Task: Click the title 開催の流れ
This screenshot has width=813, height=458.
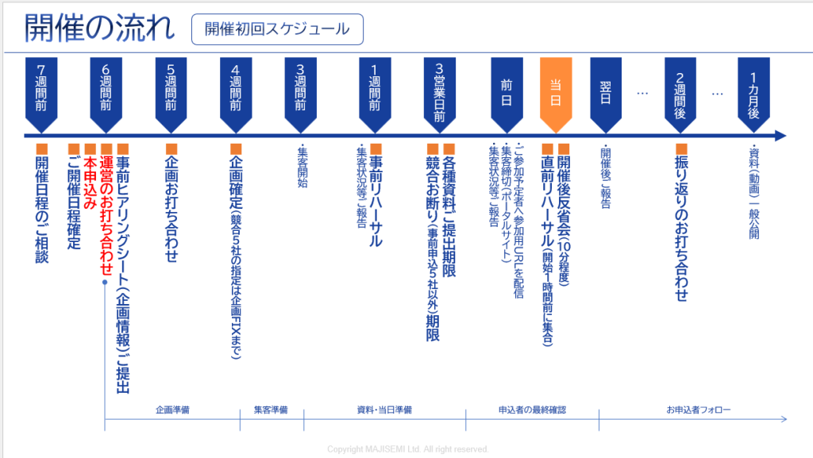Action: tap(99, 29)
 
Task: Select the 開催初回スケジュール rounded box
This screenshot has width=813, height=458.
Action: tap(277, 29)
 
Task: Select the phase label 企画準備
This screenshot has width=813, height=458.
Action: tap(172, 410)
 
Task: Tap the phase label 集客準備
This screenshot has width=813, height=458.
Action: tap(271, 410)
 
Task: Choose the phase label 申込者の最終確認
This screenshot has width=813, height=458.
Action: tap(531, 410)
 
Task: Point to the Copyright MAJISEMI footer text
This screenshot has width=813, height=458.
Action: tap(407, 449)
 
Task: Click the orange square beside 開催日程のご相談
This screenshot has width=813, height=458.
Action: tap(42, 148)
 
